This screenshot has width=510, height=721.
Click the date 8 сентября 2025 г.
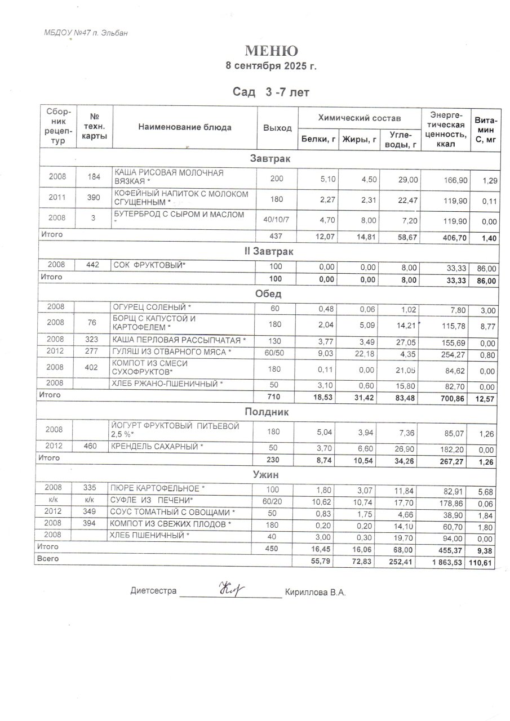(x=271, y=66)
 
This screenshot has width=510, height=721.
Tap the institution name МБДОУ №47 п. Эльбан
(x=86, y=33)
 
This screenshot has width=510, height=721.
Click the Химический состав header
(x=360, y=118)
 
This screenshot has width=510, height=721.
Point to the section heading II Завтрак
(x=269, y=251)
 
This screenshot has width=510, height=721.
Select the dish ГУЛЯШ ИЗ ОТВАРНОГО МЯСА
(x=172, y=352)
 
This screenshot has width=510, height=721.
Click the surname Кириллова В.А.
(x=315, y=592)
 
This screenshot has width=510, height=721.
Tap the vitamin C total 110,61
(x=482, y=562)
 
